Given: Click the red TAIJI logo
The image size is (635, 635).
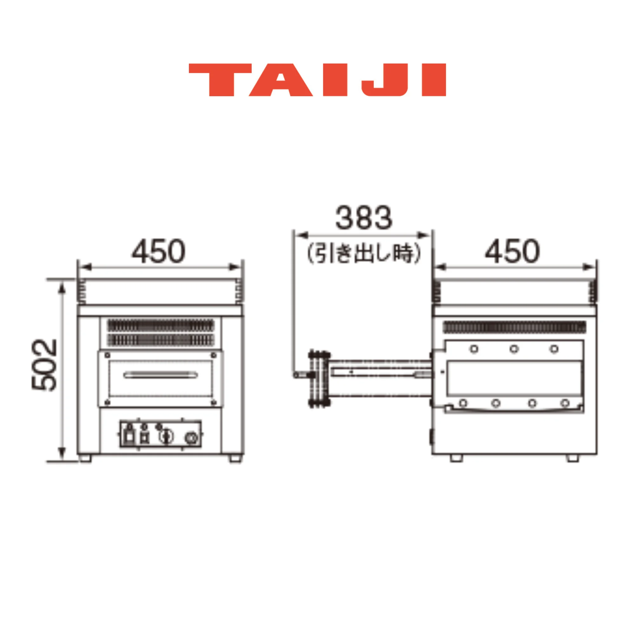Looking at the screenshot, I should (317, 80).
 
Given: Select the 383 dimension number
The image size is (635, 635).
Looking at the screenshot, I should (364, 218).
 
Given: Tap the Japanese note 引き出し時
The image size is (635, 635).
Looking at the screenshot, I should (364, 253).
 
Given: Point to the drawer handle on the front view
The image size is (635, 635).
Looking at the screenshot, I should (160, 375).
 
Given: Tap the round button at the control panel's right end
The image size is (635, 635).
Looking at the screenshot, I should (191, 438).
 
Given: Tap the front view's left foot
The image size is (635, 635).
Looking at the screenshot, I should (85, 458).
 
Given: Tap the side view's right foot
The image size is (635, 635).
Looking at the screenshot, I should (573, 458).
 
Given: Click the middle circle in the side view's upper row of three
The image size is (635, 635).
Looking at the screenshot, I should (514, 349).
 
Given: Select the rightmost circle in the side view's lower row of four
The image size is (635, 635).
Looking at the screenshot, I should (565, 403).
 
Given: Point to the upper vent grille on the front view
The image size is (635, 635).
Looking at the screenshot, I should (160, 326).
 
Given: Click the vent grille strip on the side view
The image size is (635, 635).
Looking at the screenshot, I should (514, 327).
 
